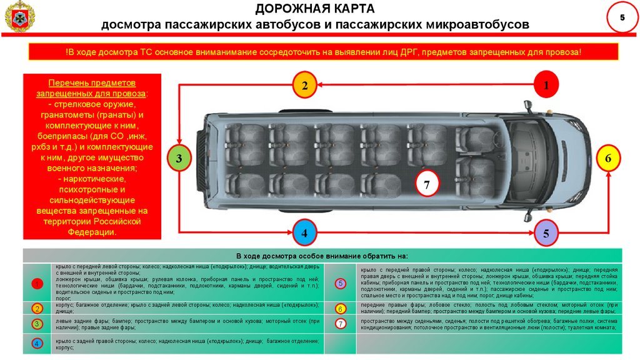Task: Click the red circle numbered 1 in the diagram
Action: (546, 85)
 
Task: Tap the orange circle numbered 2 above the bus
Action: (304, 86)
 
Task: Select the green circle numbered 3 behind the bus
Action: (179, 159)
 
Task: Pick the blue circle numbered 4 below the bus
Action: (304, 234)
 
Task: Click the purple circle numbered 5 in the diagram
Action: (546, 234)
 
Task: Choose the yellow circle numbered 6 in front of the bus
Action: (608, 159)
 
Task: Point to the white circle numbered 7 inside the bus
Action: (427, 185)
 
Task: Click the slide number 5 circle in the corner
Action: (622, 18)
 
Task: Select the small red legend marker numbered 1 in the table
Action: (37, 284)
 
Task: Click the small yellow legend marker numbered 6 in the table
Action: (341, 309)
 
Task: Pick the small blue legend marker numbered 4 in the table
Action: (37, 344)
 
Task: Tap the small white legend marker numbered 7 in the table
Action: (341, 324)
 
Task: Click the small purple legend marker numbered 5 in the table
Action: (341, 284)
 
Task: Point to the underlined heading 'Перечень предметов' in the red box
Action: (92, 83)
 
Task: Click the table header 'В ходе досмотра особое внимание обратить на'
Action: (322, 256)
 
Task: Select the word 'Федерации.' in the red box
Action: (92, 232)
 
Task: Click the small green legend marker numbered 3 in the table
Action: (37, 324)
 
